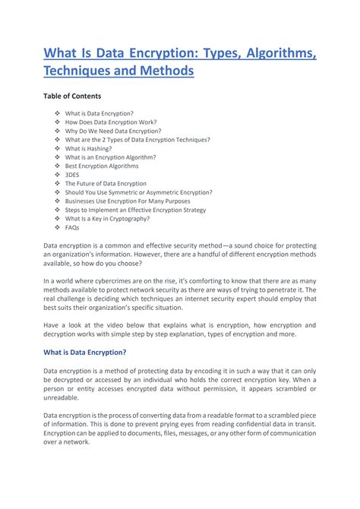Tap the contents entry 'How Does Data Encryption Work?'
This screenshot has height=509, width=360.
tap(112, 122)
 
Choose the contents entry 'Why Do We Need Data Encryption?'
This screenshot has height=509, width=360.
tap(113, 131)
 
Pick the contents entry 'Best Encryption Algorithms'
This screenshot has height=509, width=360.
tap(102, 166)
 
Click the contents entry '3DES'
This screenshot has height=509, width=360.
tap(72, 175)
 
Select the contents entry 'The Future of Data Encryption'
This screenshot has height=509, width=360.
tap(106, 184)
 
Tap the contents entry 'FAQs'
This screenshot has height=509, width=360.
tap(72, 227)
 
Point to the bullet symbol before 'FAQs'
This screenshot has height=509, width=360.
tap(57, 227)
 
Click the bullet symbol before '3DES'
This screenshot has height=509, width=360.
tap(57, 175)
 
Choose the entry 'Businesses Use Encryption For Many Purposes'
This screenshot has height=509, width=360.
tap(128, 201)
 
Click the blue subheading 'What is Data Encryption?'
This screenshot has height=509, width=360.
tap(84, 353)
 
